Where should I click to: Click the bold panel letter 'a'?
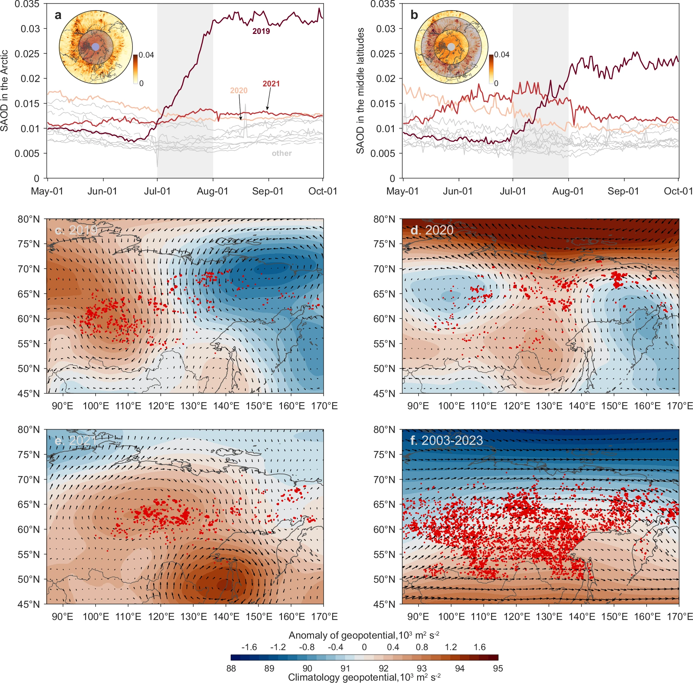(x=58, y=16)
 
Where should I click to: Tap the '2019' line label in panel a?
(x=261, y=32)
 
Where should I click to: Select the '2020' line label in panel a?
(x=239, y=90)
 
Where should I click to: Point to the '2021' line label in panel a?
(x=271, y=84)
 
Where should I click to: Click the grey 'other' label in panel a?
(x=282, y=153)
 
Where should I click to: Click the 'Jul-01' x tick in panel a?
(x=157, y=191)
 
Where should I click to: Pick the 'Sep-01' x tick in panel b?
(x=624, y=191)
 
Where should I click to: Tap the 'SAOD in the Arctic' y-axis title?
(x=4, y=91)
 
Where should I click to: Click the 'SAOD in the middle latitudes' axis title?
(x=360, y=91)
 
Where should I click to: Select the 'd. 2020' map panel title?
(x=432, y=230)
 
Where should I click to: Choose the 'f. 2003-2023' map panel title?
(x=447, y=440)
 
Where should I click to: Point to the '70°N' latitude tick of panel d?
(x=384, y=269)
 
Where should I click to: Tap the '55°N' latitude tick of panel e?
(x=29, y=555)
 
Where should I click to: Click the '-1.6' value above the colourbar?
(x=249, y=647)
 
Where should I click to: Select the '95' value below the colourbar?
(x=498, y=668)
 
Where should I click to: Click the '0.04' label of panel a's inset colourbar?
(x=146, y=55)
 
